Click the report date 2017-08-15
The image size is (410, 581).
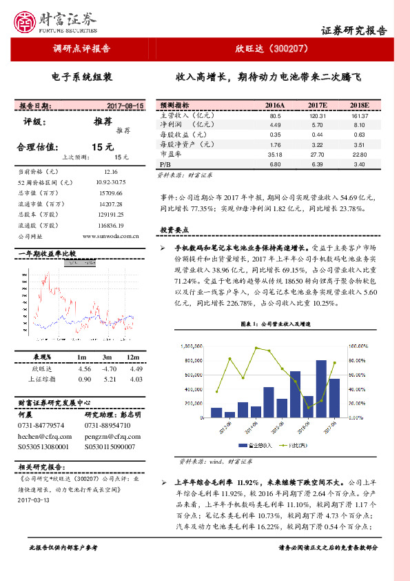click(x=125, y=106)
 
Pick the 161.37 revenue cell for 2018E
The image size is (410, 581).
click(x=359, y=116)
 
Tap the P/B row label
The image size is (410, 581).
click(x=165, y=165)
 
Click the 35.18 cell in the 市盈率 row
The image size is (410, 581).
click(x=275, y=155)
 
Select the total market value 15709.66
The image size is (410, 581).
click(x=111, y=193)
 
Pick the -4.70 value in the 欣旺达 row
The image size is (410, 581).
click(x=107, y=368)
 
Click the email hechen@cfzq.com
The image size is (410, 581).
click(x=45, y=436)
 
